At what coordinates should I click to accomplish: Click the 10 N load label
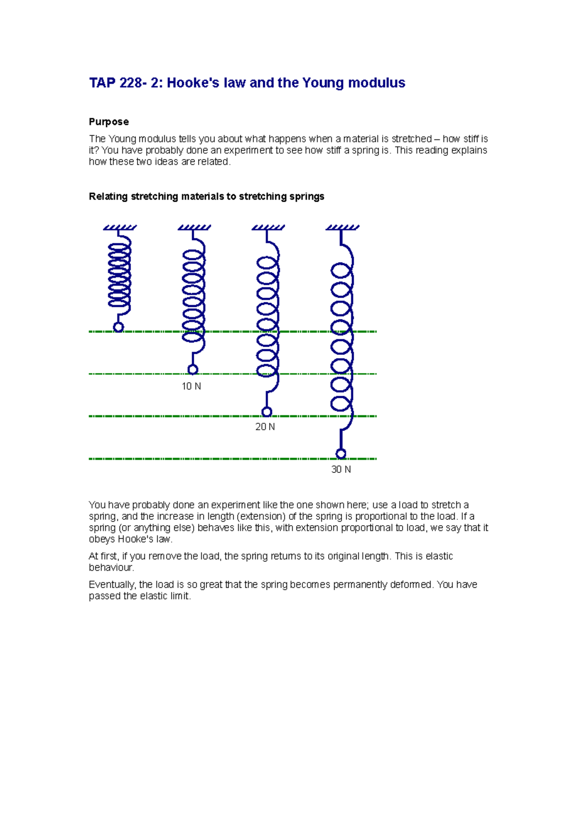click(x=191, y=387)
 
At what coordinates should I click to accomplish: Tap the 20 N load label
click(x=265, y=427)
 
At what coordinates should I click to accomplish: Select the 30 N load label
click(x=341, y=470)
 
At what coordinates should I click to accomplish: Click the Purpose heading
click(x=109, y=122)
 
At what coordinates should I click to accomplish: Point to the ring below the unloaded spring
click(x=118, y=327)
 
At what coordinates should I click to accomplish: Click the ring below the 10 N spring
click(x=193, y=369)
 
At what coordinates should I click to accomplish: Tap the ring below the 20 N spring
click(x=267, y=412)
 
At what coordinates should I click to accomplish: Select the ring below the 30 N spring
click(x=341, y=454)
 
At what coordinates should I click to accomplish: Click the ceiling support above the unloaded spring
click(x=120, y=228)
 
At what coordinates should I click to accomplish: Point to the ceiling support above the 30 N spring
click(x=342, y=228)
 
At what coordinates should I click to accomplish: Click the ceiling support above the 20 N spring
click(x=268, y=228)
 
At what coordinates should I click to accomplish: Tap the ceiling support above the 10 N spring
click(x=194, y=228)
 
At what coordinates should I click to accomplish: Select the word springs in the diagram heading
click(x=306, y=197)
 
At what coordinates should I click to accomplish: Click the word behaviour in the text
click(x=111, y=568)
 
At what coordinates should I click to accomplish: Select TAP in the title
click(x=102, y=83)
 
